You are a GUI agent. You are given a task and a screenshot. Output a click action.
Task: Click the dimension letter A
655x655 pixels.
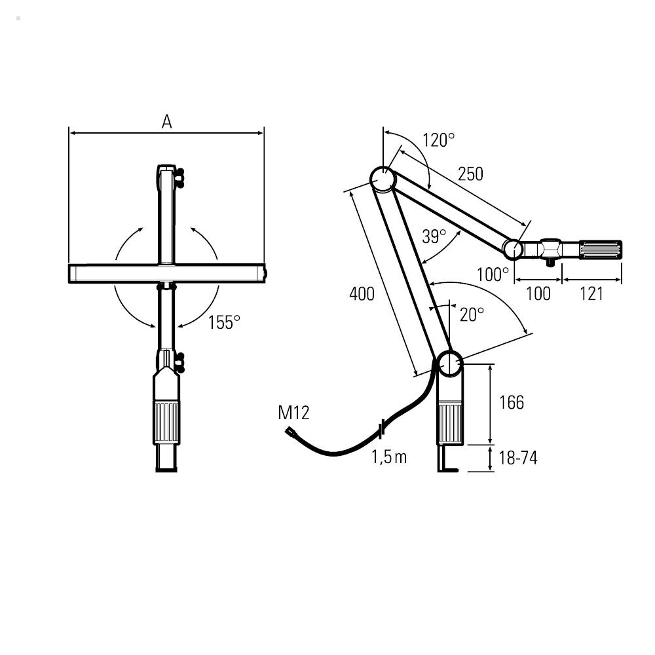tap(167, 121)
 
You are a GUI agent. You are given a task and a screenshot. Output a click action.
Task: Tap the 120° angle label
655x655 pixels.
tap(438, 140)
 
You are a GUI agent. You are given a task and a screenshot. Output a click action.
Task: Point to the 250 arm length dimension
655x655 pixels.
tap(470, 174)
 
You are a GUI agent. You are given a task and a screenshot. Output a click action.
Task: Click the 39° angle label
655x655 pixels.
tap(434, 236)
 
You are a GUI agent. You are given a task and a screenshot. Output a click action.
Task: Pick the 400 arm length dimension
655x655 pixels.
tap(362, 294)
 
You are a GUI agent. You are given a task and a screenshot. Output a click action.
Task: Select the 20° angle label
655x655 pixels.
tap(472, 314)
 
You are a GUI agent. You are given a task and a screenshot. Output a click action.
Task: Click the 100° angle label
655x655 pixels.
tap(493, 274)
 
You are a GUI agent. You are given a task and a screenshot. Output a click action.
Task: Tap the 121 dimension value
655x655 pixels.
tap(591, 294)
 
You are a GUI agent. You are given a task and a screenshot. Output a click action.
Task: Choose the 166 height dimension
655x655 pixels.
tap(512, 402)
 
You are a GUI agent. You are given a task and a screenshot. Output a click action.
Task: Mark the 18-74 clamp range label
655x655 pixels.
tap(517, 458)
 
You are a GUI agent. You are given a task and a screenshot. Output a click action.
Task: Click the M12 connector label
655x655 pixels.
tap(293, 413)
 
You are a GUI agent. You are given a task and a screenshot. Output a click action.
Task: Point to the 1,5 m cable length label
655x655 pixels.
tap(389, 457)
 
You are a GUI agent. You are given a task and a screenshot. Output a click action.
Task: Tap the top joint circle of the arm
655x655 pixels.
tap(382, 178)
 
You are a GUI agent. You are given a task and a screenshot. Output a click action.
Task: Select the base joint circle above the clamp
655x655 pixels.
tap(449, 363)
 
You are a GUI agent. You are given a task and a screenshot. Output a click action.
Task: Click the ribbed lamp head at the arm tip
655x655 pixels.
tap(600, 250)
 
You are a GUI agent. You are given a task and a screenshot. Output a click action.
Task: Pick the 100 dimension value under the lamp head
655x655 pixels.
tap(538, 294)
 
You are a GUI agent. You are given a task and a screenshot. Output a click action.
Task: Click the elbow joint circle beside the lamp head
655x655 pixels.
tap(513, 249)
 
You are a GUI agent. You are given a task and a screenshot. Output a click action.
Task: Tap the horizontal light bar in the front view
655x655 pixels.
tap(167, 273)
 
